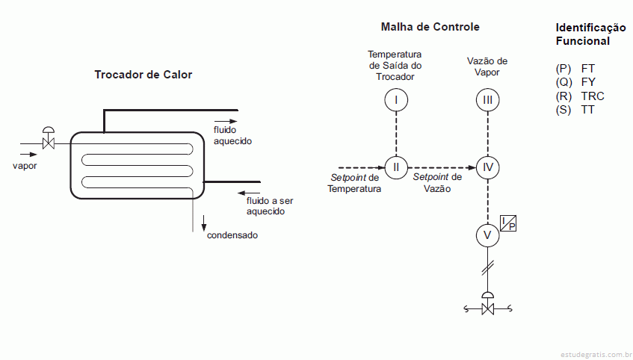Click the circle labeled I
[396, 99]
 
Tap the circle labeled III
[487, 99]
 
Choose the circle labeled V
[487, 235]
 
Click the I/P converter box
[508, 222]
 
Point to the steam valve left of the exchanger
[49, 139]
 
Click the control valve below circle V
[488, 306]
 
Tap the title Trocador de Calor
[143, 75]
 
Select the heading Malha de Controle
[430, 27]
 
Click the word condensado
[232, 235]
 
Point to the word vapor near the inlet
[25, 166]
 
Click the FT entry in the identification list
[587, 68]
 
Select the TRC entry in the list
[592, 96]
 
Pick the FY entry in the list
[587, 82]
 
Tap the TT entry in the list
[587, 111]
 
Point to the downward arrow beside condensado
[203, 224]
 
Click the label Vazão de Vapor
[487, 66]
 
